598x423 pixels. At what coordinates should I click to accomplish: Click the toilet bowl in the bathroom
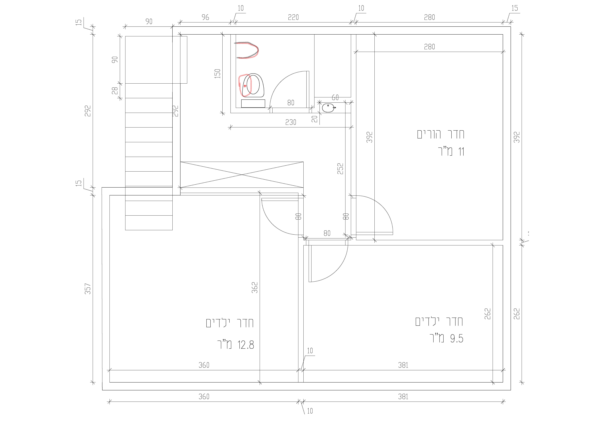point(253,85)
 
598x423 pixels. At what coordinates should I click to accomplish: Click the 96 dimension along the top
point(205,17)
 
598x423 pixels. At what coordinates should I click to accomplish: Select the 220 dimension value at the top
point(293,17)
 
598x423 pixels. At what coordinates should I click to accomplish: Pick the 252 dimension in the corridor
point(340,169)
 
